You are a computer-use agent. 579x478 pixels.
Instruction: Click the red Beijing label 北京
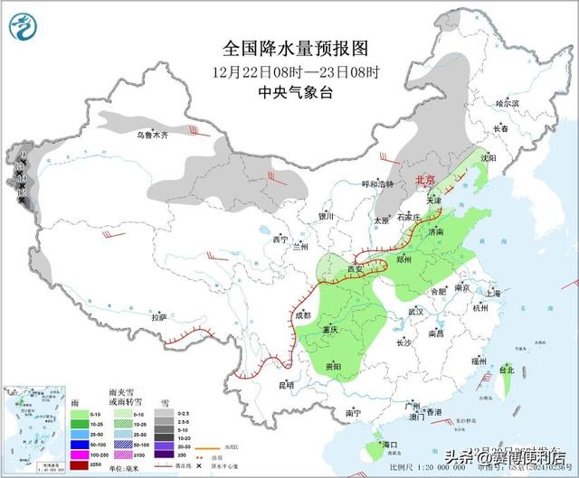[x=425, y=181]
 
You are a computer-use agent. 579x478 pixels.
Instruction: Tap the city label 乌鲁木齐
[x=147, y=136]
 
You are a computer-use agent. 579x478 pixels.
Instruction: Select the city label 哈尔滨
[x=508, y=104]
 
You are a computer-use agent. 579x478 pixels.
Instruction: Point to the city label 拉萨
[x=159, y=317]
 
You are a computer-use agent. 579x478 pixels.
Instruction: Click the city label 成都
[x=302, y=315]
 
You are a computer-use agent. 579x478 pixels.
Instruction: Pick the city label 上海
[x=493, y=293]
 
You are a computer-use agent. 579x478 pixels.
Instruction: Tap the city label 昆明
[x=287, y=386]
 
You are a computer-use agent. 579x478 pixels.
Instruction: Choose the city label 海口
[x=390, y=445]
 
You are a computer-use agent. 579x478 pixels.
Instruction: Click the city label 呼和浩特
[x=377, y=184]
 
